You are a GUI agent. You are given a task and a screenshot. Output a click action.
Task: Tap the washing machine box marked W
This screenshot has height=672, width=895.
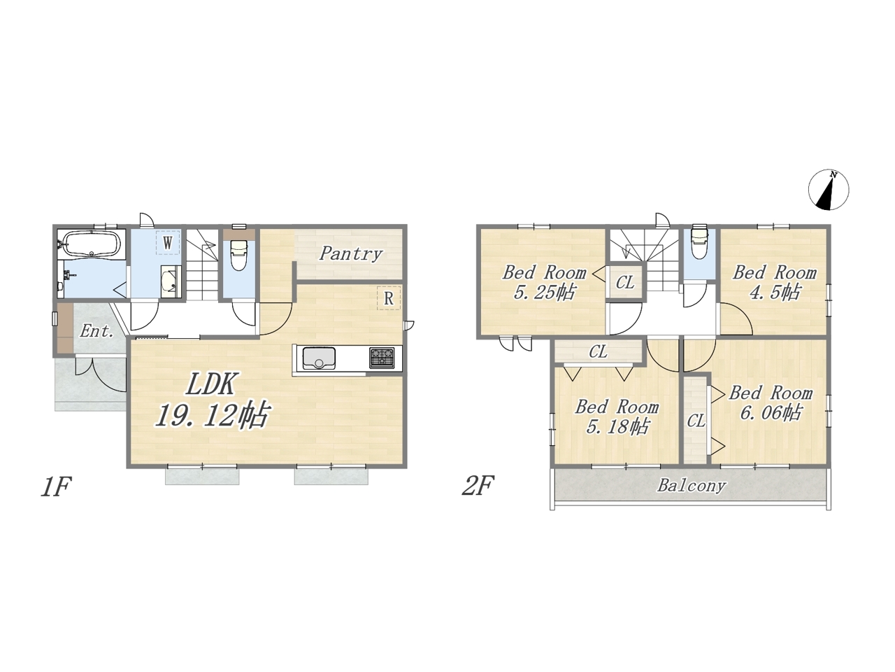(168, 243)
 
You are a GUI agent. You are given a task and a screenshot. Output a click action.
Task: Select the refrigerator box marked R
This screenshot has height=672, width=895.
(389, 298)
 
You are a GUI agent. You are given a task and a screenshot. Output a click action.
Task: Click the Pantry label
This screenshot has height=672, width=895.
(350, 254)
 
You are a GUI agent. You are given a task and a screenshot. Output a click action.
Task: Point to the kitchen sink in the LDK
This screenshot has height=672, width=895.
(319, 358)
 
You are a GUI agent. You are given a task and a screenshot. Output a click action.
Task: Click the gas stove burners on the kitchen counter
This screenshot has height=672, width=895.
(382, 358)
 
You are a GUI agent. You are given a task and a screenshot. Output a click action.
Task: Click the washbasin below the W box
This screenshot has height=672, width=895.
(171, 282)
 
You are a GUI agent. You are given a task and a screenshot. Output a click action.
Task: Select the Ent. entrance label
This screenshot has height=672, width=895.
(96, 331)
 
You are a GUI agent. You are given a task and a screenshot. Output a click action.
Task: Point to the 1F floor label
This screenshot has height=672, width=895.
(56, 486)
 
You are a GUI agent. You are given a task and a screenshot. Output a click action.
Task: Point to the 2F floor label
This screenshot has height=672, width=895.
(478, 486)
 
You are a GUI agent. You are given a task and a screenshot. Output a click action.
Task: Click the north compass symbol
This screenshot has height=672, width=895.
(829, 190)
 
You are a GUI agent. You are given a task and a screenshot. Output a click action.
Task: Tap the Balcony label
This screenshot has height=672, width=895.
(692, 486)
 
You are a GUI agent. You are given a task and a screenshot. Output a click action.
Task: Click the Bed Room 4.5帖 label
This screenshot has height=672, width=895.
(775, 282)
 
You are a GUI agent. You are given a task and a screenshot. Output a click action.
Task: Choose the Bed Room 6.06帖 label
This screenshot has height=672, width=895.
(771, 402)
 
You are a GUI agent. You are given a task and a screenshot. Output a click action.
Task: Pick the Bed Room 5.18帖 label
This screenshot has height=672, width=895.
(617, 416)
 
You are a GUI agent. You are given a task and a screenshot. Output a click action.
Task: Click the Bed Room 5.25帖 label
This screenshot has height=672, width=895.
(544, 282)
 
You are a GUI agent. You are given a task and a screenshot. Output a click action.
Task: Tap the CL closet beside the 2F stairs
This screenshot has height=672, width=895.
(624, 282)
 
